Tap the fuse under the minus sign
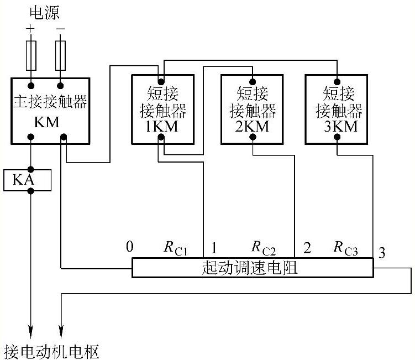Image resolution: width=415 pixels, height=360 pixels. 61,55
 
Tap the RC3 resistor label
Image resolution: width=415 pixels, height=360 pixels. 346,247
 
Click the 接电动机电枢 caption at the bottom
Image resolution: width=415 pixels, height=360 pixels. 52,351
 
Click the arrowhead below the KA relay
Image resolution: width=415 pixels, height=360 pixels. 31,331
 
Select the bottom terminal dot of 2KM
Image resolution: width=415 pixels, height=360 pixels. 253,139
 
